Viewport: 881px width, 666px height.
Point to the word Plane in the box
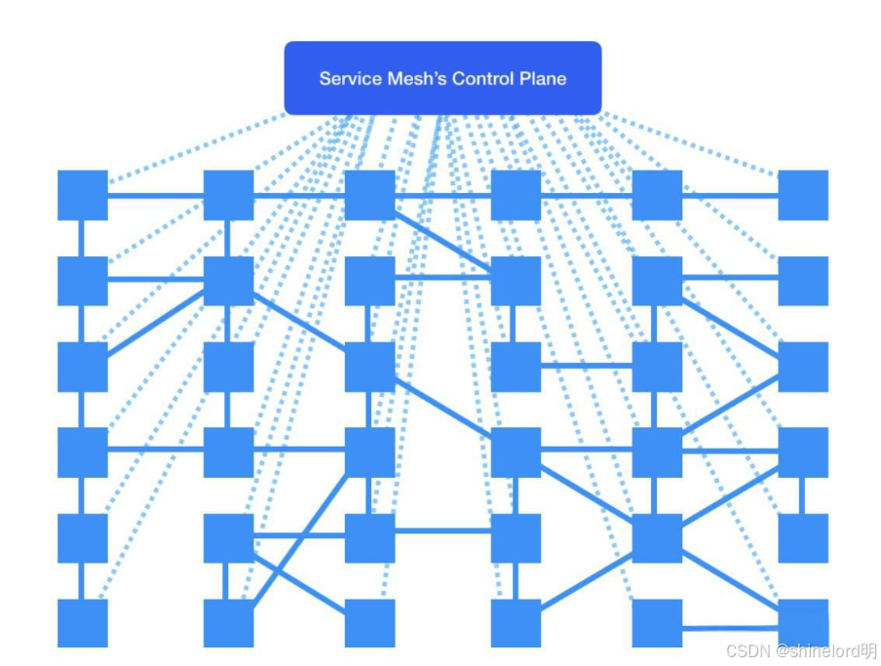point(543,79)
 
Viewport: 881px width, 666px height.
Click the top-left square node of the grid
point(82,195)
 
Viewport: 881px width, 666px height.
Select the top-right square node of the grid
point(803,195)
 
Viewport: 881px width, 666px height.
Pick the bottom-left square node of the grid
point(82,623)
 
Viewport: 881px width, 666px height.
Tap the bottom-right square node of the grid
point(803,623)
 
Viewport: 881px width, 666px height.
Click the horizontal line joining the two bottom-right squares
point(730,628)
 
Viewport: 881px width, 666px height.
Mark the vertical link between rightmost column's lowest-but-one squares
point(803,495)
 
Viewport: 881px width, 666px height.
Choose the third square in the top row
point(369,195)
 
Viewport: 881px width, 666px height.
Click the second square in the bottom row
point(228,623)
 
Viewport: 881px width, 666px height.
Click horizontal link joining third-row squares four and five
point(587,367)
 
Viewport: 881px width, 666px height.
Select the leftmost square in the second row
point(82,281)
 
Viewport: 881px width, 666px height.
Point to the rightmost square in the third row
point(803,367)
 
